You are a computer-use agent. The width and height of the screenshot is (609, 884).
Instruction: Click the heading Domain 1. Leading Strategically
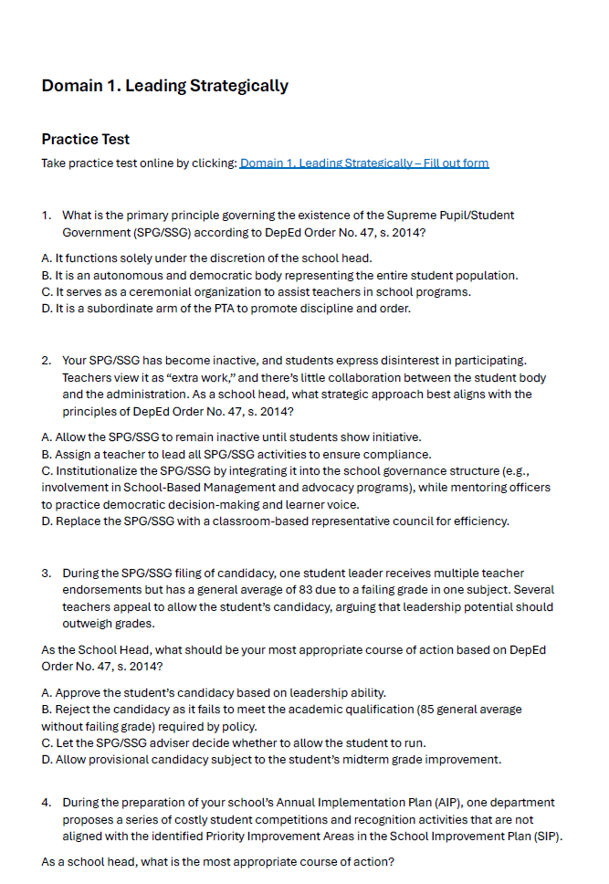pos(164,86)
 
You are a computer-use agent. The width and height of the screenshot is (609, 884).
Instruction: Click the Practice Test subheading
pos(86,140)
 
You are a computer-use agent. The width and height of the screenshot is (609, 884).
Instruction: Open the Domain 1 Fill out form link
pos(363,163)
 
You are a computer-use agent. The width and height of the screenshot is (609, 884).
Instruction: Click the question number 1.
pos(46,216)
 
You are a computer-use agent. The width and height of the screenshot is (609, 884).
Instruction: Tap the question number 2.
pos(46,362)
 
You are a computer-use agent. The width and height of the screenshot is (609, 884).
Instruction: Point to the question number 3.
pos(46,574)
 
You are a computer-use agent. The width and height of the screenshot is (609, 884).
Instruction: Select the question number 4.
pos(46,803)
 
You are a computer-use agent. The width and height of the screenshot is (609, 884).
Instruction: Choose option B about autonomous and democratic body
pos(279,275)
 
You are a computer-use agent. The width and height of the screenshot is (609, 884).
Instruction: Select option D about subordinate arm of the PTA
pos(226,308)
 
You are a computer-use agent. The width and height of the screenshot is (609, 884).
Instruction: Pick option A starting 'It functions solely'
pos(206,258)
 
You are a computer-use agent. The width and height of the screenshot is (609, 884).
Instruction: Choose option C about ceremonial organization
pos(256,291)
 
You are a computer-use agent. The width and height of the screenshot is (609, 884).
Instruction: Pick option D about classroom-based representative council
pos(275,521)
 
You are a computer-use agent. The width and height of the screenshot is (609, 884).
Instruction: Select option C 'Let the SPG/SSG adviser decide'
pos(233,742)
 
